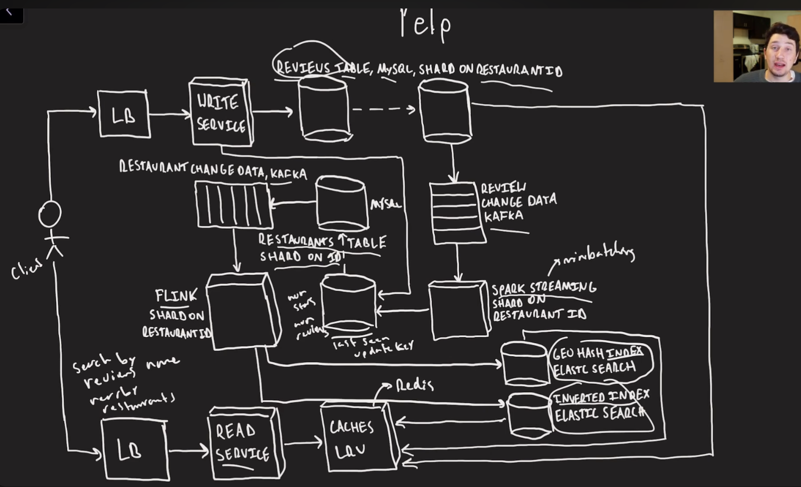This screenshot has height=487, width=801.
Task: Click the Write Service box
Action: click(221, 112)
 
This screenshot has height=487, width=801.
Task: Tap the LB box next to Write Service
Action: click(124, 114)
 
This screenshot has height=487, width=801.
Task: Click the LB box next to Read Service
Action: click(134, 449)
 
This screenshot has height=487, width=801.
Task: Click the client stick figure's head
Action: click(50, 214)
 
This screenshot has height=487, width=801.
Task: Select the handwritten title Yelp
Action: click(425, 24)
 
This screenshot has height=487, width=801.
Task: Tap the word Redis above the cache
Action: click(415, 385)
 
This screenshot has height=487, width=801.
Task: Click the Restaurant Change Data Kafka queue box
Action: click(233, 204)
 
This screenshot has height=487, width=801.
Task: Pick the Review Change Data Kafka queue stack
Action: click(457, 213)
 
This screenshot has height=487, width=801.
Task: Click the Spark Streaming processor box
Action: click(458, 310)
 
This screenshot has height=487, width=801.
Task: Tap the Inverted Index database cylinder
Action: click(529, 415)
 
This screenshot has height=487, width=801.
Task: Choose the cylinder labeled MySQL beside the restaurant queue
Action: click(342, 204)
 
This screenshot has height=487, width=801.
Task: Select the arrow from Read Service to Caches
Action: click(302, 443)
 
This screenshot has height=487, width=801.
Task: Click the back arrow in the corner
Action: click(9, 11)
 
